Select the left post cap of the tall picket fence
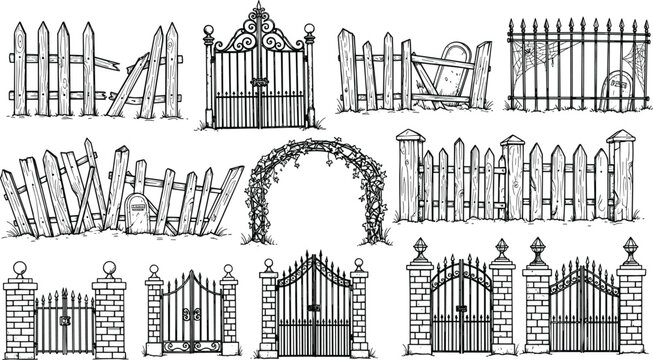[409, 134]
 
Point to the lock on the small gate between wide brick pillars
[64, 321]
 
